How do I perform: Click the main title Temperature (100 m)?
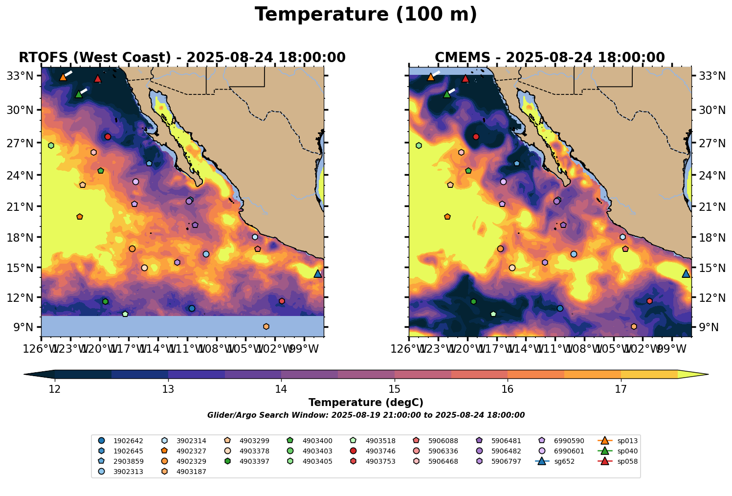pos(366,15)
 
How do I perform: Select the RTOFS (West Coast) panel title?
pos(182,58)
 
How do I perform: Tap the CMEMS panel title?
pos(550,58)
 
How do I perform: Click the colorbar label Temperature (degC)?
pos(366,403)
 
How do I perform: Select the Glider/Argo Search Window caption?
pos(366,415)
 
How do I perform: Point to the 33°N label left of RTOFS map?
pos(22,76)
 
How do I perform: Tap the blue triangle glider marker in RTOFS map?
pos(318,274)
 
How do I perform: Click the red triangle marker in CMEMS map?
pos(466,78)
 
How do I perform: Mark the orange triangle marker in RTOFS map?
pos(63,77)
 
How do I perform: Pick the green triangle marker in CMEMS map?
pos(446,94)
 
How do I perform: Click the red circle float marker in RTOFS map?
pos(108,136)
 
